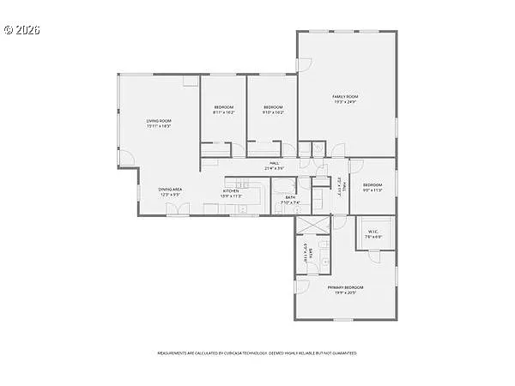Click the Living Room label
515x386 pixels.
159,124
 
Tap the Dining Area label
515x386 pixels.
169,192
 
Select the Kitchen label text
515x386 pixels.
231,193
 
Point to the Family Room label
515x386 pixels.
345,99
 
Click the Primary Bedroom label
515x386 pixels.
345,289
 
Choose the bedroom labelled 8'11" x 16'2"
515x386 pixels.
223,109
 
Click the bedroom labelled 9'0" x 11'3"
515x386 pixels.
372,187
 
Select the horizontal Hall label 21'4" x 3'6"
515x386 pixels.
274,166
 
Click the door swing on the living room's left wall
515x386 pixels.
125,157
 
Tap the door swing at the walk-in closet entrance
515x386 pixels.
374,254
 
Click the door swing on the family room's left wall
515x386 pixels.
303,65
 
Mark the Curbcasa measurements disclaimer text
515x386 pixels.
257,353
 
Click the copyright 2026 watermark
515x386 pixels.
22,29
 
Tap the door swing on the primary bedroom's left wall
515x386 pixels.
302,286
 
